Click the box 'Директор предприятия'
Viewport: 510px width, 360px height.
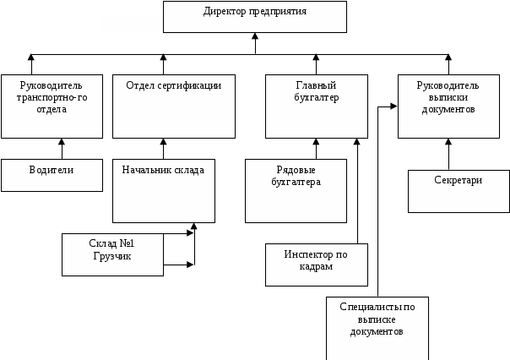pyautogui.click(x=254, y=17)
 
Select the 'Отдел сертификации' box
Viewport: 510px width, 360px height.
pyautogui.click(x=173, y=106)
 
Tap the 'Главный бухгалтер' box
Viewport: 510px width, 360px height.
pyautogui.click(x=317, y=106)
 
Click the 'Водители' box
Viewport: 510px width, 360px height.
pyautogui.click(x=52, y=175)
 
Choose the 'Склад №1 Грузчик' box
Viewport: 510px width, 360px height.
pyautogui.click(x=112, y=254)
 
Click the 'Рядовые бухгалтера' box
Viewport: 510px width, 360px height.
pyautogui.click(x=296, y=191)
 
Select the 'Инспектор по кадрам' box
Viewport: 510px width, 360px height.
pyautogui.click(x=316, y=265)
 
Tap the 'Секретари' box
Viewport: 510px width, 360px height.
pyautogui.click(x=458, y=191)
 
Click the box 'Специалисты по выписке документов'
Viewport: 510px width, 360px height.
pyautogui.click(x=377, y=328)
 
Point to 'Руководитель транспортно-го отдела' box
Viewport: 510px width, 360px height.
pyautogui.click(x=52, y=106)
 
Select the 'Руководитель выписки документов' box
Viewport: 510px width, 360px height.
pyautogui.click(x=448, y=106)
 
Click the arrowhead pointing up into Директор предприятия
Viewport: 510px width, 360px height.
pyautogui.click(x=255, y=37)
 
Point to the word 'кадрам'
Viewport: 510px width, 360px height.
pyautogui.click(x=316, y=266)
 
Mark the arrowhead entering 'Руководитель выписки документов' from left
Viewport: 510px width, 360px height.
pyautogui.click(x=393, y=107)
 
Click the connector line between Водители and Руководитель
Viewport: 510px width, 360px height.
pyautogui.click(x=62, y=149)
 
